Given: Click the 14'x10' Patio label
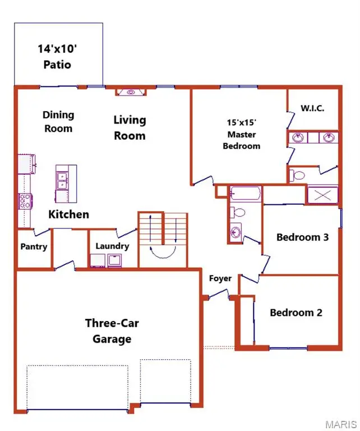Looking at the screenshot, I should [x=58, y=57].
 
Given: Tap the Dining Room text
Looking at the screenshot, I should [x=58, y=121].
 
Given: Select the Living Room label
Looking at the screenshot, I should [x=130, y=127].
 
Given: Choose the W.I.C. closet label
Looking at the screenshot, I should [x=312, y=108].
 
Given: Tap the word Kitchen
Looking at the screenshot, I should [x=68, y=214].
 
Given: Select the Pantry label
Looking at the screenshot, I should [x=34, y=247].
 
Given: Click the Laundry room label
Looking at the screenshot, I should [x=112, y=246].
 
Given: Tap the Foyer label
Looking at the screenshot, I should [x=220, y=278].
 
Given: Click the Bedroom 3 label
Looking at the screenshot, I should [x=302, y=237].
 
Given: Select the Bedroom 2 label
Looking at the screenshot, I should [x=296, y=313].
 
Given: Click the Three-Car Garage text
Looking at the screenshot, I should [x=108, y=331].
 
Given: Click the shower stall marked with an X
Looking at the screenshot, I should [x=322, y=195].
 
